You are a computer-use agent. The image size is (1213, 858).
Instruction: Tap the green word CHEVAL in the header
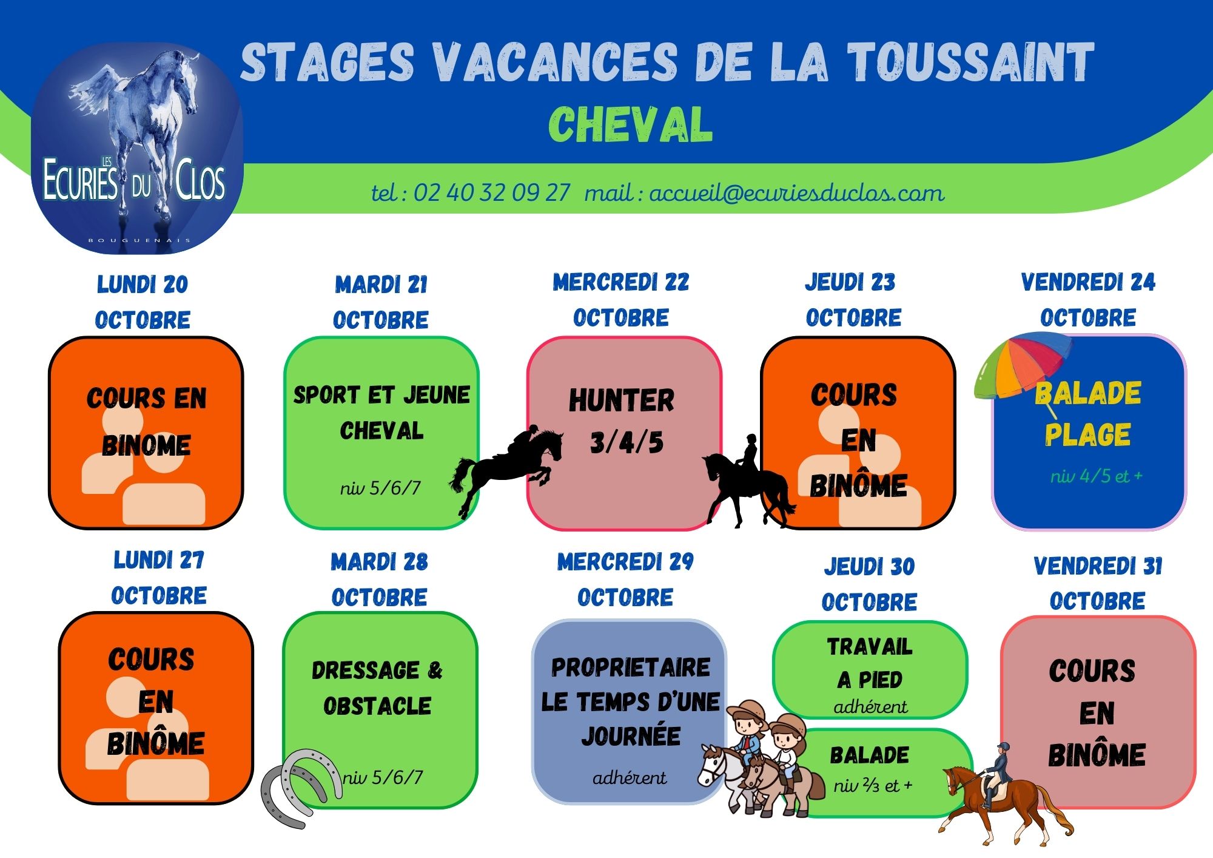(630, 125)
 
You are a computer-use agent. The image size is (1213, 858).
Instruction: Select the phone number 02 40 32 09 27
(492, 193)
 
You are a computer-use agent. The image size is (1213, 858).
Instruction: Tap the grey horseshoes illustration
(301, 788)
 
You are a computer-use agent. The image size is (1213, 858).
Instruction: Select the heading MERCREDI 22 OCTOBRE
(621, 300)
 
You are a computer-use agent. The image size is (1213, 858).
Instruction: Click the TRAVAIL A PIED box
(870, 669)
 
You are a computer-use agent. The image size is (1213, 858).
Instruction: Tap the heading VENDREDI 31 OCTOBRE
(1098, 583)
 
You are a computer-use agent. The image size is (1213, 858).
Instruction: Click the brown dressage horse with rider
(1004, 795)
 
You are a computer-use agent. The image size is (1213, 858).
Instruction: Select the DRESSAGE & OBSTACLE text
(377, 688)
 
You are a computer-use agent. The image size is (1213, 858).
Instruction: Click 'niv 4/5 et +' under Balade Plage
(1097, 476)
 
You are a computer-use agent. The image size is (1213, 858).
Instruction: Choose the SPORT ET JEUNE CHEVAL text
(381, 413)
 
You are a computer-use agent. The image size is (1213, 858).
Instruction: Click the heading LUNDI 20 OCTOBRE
(143, 302)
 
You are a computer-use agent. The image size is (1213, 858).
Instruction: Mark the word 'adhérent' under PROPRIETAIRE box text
(630, 778)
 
